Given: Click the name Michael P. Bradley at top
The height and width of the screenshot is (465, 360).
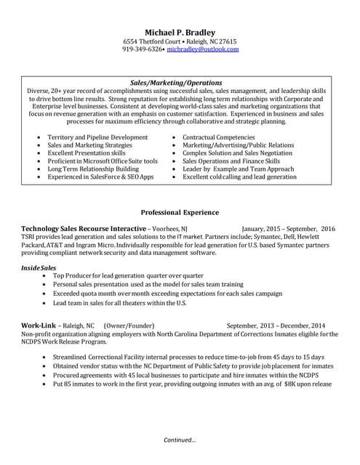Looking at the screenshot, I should (180, 31).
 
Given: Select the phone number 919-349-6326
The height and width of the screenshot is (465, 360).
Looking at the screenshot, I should (143, 50).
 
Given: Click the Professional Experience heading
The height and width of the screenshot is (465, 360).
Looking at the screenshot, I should (180, 212).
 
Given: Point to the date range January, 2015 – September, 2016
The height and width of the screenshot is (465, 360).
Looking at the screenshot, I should (288, 228).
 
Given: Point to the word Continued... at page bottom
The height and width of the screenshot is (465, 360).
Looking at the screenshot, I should (180, 440).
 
